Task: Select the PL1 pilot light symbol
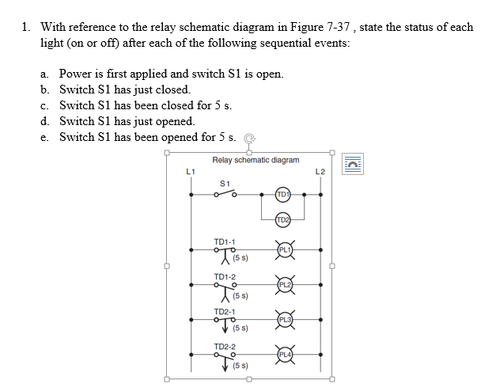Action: click(285, 249)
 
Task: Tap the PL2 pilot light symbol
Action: click(285, 284)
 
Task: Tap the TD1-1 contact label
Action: click(225, 240)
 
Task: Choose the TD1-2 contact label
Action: click(225, 276)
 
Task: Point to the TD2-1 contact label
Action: click(225, 311)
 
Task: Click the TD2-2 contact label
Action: click(225, 347)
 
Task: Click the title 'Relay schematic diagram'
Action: click(256, 160)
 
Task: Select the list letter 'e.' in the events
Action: click(46, 137)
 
